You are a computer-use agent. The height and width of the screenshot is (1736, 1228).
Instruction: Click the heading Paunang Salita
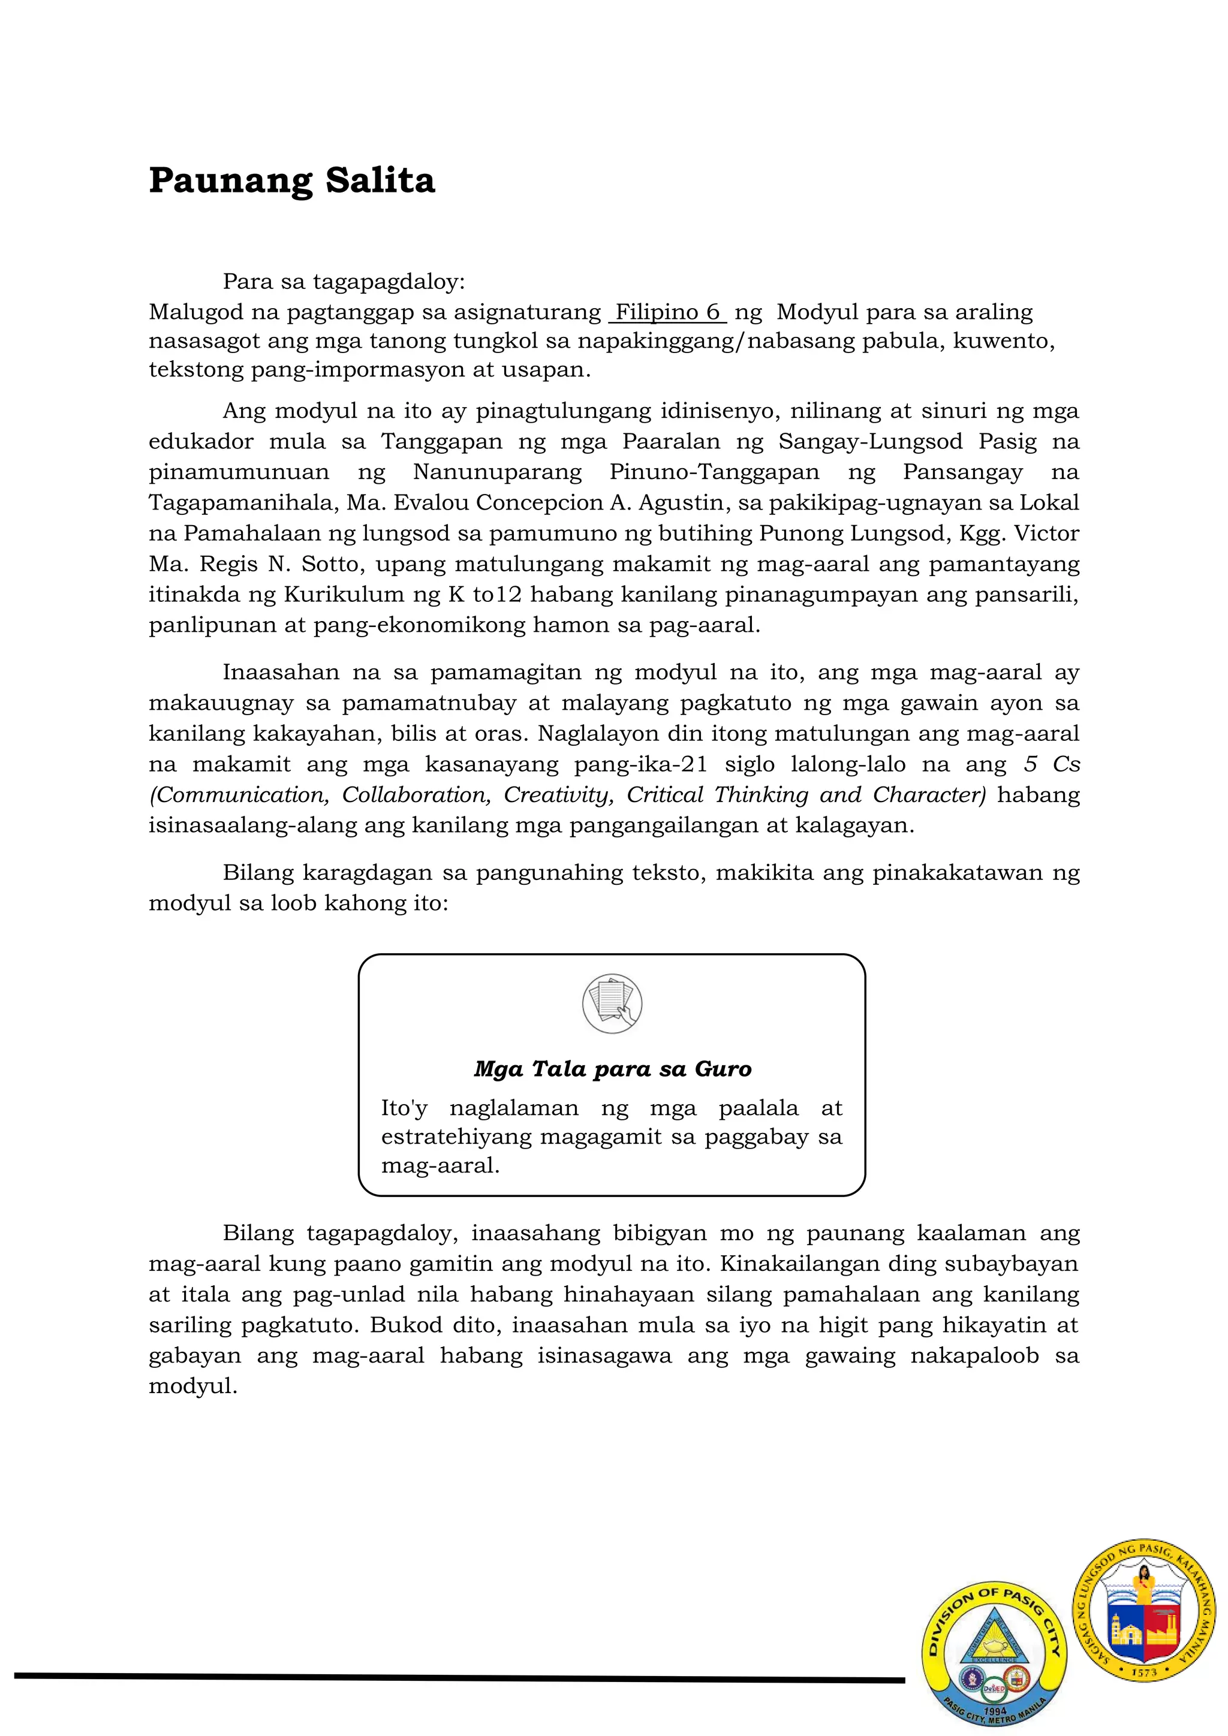click(292, 180)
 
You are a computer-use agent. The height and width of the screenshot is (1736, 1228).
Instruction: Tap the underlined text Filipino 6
click(667, 312)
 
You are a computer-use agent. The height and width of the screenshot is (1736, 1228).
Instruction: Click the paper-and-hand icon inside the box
click(612, 1003)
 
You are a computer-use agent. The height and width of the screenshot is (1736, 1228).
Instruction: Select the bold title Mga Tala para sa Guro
click(612, 1068)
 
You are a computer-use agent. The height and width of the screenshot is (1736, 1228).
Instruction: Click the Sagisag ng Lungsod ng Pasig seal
click(1144, 1611)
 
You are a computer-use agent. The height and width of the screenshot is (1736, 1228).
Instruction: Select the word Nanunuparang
click(498, 472)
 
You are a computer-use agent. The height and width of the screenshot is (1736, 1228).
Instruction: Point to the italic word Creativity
click(559, 795)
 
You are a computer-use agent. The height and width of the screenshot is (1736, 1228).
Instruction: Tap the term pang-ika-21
click(641, 764)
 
